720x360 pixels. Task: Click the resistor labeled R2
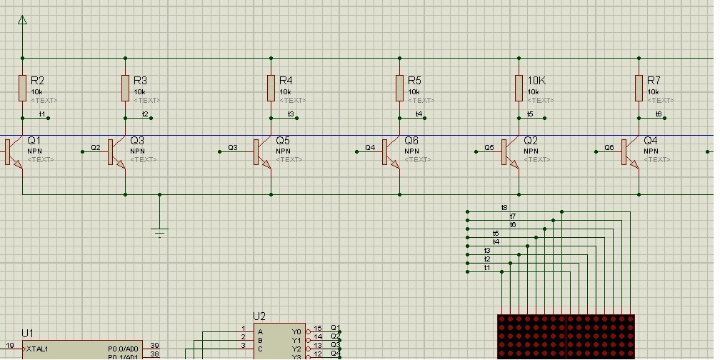point(22,89)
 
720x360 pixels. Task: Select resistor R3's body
point(126,89)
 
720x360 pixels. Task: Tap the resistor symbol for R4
point(271,89)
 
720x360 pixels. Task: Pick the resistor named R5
point(399,89)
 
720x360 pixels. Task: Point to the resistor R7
point(639,89)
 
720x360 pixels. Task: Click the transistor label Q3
point(137,141)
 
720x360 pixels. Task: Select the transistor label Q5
point(283,141)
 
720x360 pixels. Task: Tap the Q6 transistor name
point(411,141)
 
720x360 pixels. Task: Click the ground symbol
point(159,230)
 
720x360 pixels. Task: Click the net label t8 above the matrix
point(504,207)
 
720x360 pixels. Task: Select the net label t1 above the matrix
point(487,267)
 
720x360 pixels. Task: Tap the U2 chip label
point(259,316)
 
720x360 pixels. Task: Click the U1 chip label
point(27,333)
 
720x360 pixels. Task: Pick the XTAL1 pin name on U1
point(38,349)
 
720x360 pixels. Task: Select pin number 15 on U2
point(318,329)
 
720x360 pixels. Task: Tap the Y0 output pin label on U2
point(297,331)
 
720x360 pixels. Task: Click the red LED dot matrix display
point(566,336)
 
